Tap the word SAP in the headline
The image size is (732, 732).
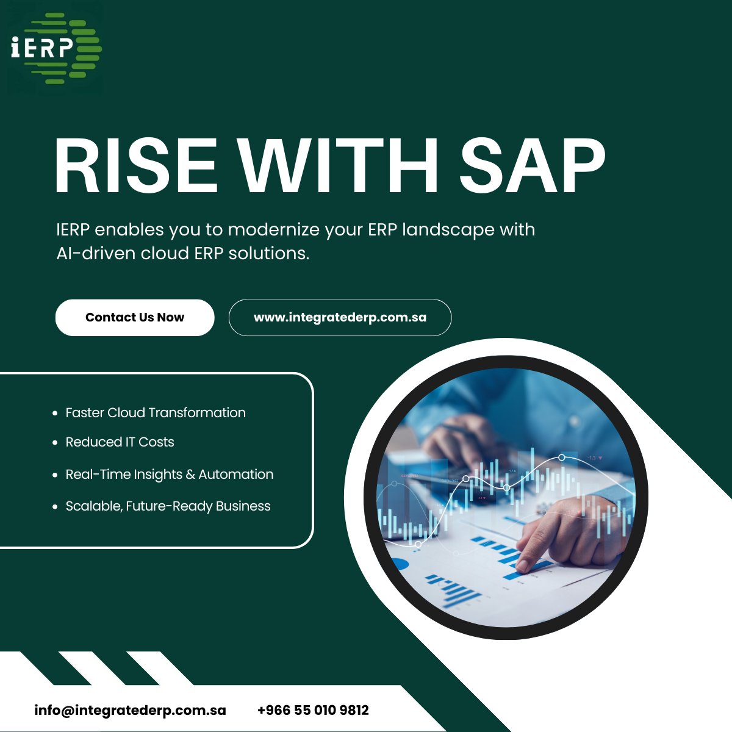click(x=532, y=167)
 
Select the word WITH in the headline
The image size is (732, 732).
click(x=338, y=167)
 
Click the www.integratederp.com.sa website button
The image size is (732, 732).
click(x=340, y=318)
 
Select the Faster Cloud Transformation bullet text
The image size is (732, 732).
click(x=156, y=413)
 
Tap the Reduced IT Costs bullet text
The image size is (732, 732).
click(x=120, y=442)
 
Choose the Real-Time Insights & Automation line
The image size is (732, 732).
click(x=170, y=475)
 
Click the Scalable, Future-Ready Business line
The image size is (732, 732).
click(x=168, y=506)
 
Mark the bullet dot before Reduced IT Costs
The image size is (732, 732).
click(x=55, y=443)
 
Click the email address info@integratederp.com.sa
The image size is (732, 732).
click(x=130, y=711)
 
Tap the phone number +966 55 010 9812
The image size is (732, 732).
click(x=313, y=711)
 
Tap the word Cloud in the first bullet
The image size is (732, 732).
click(x=126, y=413)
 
